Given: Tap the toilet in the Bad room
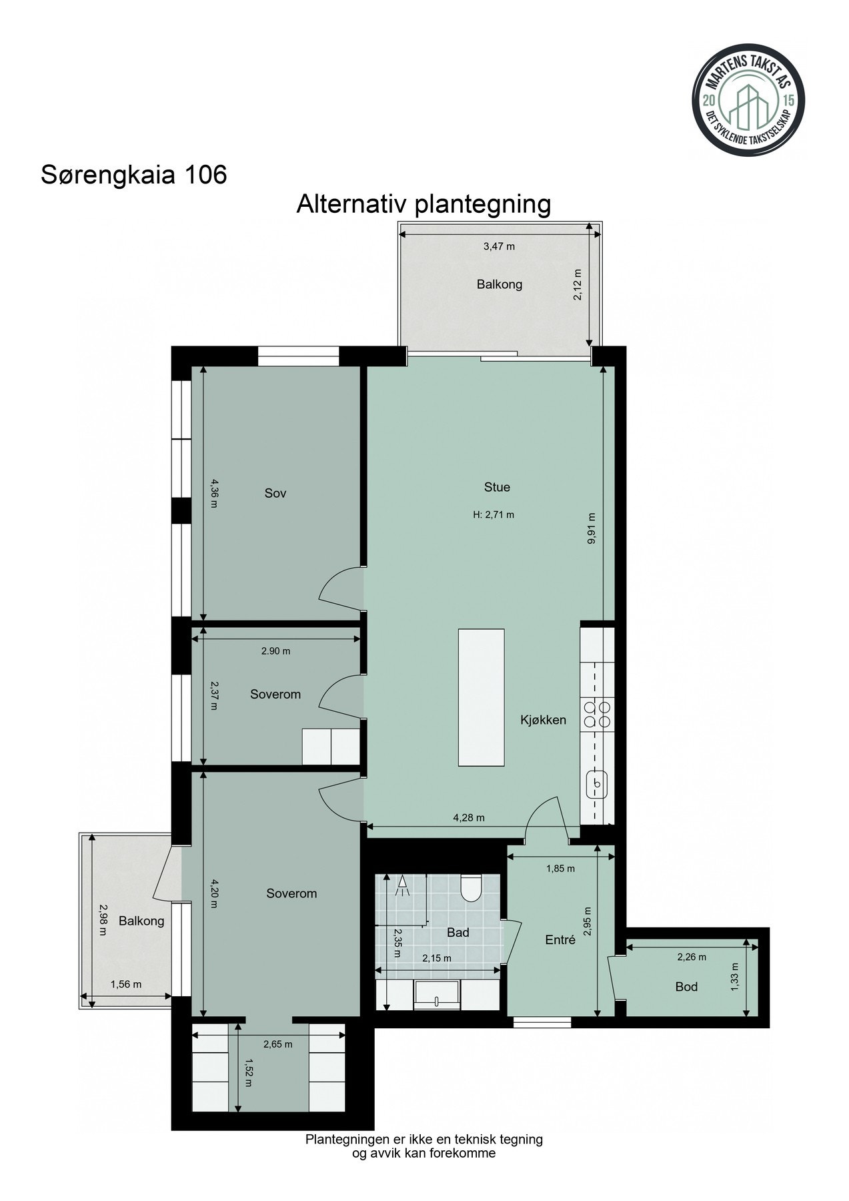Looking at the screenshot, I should [472, 888].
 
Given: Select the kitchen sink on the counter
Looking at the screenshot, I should [596, 783].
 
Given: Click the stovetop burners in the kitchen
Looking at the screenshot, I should [597, 714].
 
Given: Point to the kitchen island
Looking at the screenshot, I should [481, 697].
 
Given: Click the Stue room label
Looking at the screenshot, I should [497, 487].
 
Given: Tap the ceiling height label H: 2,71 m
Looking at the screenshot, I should [494, 514].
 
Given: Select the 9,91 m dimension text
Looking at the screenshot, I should [592, 528].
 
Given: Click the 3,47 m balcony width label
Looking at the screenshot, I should [499, 246].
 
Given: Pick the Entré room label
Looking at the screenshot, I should [560, 940].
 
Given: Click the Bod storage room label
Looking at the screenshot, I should [686, 986].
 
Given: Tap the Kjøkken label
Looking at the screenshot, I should [544, 720].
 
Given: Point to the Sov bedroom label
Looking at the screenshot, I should [275, 493].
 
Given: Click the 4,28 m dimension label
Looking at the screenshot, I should [468, 817].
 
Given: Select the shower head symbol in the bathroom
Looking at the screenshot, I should [403, 885].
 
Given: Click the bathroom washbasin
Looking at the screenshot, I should [437, 994].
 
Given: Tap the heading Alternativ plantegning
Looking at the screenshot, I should [423, 204].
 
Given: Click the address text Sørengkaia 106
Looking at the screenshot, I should [134, 175].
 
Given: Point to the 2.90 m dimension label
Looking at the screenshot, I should [275, 651].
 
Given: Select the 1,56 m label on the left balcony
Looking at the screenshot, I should [125, 983].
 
